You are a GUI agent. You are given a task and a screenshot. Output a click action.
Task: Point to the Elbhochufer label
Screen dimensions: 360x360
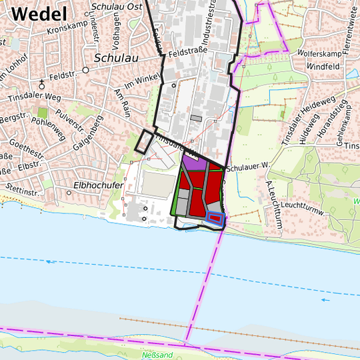click(x=99, y=185)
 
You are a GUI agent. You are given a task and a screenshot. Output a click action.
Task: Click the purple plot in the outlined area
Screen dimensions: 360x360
click(x=193, y=164)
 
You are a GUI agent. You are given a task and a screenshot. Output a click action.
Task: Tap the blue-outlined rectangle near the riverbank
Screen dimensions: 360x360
click(x=215, y=217)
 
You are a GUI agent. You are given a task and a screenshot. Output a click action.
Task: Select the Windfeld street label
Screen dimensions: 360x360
click(x=323, y=67)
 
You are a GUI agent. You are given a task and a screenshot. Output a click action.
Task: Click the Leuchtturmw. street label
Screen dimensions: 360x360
click(x=303, y=208)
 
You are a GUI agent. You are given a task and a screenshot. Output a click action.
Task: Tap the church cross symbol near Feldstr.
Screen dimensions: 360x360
click(x=42, y=83)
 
